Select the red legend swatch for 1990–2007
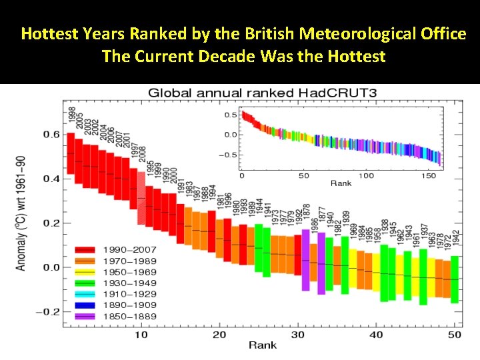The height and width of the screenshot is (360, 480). pyautogui.click(x=85, y=251)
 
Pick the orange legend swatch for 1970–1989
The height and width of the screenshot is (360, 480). pyautogui.click(x=85, y=261)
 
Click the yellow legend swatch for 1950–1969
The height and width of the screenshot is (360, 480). pyautogui.click(x=85, y=272)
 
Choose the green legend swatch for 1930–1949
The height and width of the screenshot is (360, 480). pyautogui.click(x=85, y=283)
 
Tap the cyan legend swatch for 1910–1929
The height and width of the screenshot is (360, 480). pyautogui.click(x=85, y=293)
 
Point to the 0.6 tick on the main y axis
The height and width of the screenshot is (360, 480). pyautogui.click(x=52, y=135)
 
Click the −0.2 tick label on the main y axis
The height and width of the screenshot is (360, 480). pyautogui.click(x=49, y=312)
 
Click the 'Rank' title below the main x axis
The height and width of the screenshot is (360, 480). pyautogui.click(x=263, y=345)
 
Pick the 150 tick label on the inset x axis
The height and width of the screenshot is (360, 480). pyautogui.click(x=429, y=176)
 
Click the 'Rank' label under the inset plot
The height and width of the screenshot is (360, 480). pyautogui.click(x=341, y=183)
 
